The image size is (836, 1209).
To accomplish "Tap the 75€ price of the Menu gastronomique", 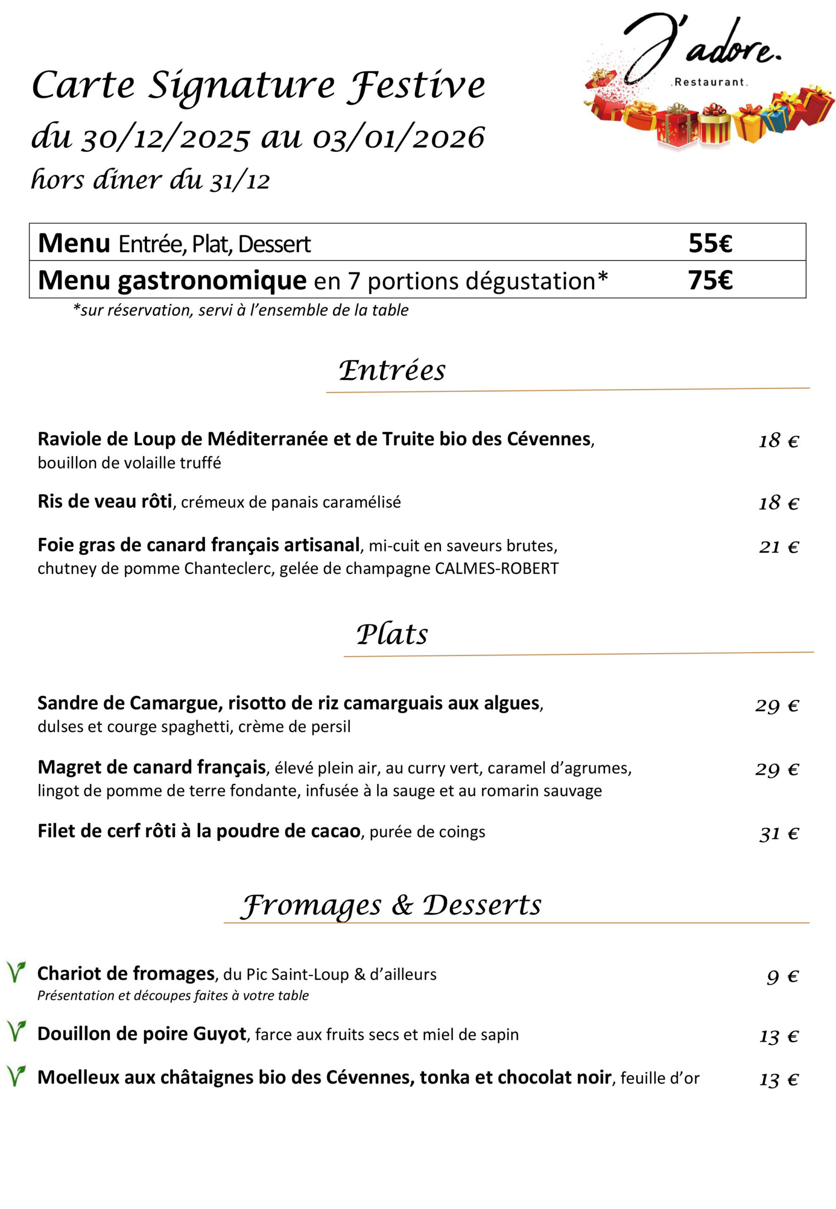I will [710, 280].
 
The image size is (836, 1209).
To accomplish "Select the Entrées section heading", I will [392, 371].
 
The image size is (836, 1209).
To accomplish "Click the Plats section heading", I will [392, 634].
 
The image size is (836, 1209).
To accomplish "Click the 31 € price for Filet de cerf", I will [778, 834].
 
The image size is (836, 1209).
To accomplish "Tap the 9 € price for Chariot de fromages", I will [782, 977].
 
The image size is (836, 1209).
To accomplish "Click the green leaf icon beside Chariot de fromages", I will [16, 972].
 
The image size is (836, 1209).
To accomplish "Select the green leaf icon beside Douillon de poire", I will [16, 1031].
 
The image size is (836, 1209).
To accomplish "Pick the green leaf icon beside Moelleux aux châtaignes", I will [16, 1075].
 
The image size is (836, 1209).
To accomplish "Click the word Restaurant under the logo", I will [709, 82].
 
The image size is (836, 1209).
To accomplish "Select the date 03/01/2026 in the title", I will [398, 138].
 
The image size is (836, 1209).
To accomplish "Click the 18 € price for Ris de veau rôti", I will [778, 503].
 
